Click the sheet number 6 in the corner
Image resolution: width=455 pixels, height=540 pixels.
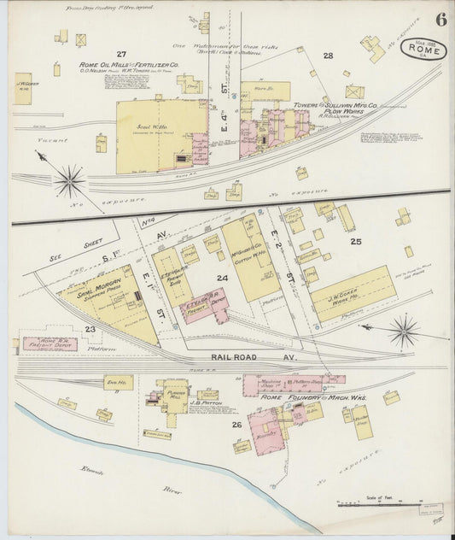pyautogui.click(x=440, y=19)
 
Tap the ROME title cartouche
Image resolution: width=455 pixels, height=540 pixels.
pyautogui.click(x=424, y=50)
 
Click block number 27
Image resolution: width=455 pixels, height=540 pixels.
pyautogui.click(x=121, y=54)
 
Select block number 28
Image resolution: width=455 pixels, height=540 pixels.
pyautogui.click(x=327, y=56)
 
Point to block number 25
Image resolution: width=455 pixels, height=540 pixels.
pyautogui.click(x=355, y=242)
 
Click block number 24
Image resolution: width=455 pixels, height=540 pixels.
pyautogui.click(x=222, y=278)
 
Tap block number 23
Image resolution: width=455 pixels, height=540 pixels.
pyautogui.click(x=90, y=328)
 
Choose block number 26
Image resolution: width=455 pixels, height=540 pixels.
pyautogui.click(x=236, y=424)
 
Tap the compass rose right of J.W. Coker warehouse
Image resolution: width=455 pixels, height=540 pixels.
pyautogui.click(x=403, y=329)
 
